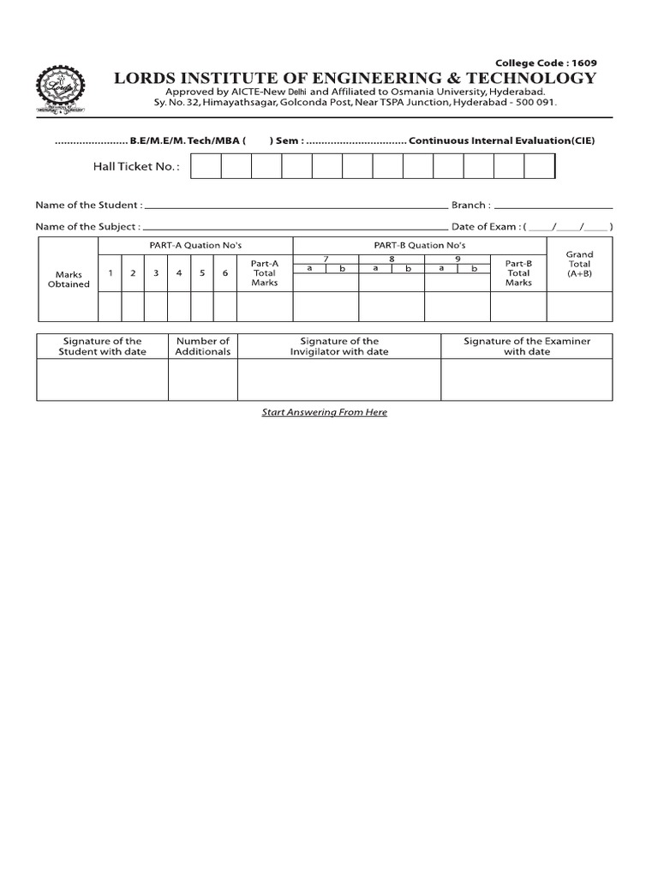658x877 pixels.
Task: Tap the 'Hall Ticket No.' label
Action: coord(137,166)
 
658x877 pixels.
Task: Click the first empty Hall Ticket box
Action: coord(206,166)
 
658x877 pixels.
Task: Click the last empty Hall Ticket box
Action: coord(539,166)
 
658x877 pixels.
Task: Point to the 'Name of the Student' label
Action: coord(88,206)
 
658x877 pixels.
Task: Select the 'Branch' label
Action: coord(470,206)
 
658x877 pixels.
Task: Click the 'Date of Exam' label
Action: coord(485,227)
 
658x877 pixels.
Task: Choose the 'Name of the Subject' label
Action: coord(87,227)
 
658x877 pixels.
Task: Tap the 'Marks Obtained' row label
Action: coord(68,279)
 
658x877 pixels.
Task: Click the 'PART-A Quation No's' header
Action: coord(195,245)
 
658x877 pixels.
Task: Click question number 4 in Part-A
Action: coord(178,273)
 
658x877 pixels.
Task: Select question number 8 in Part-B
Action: coord(391,258)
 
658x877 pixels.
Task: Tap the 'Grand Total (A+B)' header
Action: coord(580,264)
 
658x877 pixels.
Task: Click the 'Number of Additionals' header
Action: coord(203,346)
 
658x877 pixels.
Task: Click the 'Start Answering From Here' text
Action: coord(325,412)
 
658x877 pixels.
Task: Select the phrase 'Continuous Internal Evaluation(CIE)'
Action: coord(502,140)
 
